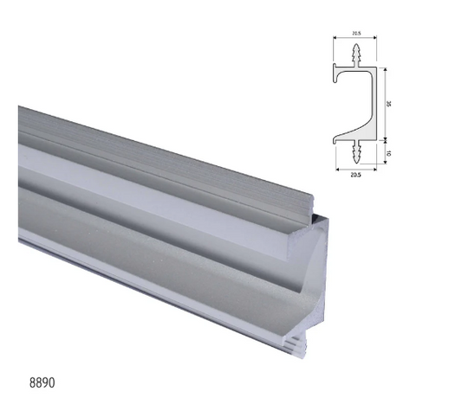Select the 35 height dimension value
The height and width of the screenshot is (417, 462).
[x=389, y=101]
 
